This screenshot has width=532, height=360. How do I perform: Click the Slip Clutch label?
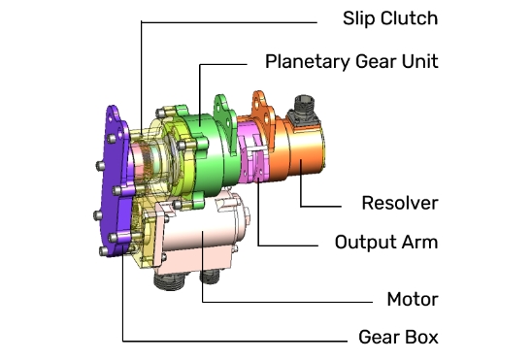click(390, 18)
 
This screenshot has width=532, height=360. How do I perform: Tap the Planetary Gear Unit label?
click(351, 62)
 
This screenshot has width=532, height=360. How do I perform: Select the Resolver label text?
click(400, 203)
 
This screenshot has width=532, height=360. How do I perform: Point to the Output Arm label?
click(386, 242)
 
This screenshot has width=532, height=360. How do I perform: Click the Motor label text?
click(413, 299)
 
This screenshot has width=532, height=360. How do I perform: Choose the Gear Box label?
click(398, 337)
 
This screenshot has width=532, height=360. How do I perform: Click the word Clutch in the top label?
click(409, 18)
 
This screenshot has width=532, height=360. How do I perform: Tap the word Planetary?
click(308, 62)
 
